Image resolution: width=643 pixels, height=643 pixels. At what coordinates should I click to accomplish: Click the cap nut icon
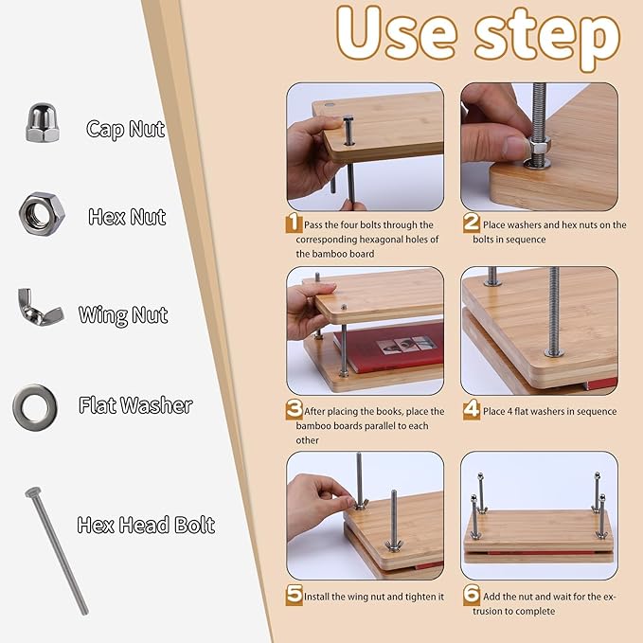43,123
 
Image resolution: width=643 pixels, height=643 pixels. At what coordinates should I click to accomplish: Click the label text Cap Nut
126,129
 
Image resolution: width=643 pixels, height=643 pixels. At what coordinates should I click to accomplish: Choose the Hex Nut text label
127,217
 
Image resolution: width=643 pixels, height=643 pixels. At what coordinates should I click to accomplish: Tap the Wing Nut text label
123,314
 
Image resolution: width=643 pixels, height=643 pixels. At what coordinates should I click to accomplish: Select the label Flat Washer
135,406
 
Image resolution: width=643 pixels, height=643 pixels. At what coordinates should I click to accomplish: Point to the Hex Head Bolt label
146,524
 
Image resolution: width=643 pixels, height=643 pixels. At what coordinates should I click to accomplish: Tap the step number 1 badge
295,224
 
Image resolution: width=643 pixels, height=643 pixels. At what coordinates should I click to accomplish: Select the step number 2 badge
470,224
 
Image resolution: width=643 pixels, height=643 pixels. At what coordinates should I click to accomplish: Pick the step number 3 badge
295,411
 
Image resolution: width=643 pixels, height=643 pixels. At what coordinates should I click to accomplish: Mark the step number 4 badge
470,411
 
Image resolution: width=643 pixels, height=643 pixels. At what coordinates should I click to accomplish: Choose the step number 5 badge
295,596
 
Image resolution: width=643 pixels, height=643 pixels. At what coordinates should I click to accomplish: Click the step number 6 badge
470,596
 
